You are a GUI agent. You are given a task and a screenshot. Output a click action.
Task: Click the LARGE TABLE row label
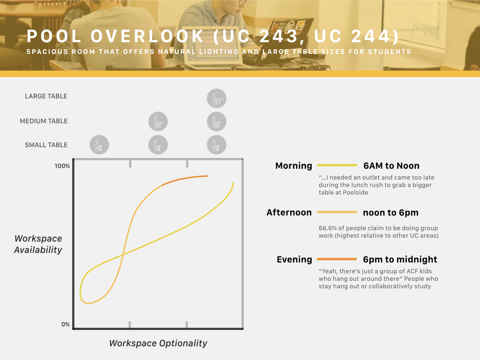(46, 96)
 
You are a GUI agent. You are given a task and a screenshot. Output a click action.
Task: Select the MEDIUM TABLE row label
(44, 121)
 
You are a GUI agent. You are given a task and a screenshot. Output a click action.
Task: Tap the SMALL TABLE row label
(46, 145)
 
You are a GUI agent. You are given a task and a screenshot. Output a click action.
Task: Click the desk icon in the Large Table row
(217, 98)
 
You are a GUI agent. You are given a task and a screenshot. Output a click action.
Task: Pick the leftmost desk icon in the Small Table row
(99, 145)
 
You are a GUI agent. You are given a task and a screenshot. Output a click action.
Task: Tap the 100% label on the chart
(62, 166)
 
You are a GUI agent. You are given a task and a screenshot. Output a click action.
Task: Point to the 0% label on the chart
(66, 324)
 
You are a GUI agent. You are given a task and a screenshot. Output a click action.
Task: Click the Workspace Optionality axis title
(158, 343)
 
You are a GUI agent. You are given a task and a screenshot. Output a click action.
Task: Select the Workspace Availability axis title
(38, 244)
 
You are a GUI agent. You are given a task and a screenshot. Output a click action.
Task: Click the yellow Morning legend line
(337, 165)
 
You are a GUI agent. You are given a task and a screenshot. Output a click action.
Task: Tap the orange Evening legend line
(337, 259)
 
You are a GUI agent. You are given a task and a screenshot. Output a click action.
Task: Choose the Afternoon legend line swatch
(337, 212)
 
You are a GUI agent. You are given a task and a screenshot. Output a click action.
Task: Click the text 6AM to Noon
(391, 165)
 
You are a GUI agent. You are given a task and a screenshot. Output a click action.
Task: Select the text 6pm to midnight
(400, 259)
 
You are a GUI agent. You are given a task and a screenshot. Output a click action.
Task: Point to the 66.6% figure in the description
(328, 228)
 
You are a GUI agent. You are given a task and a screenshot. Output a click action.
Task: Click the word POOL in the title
(54, 37)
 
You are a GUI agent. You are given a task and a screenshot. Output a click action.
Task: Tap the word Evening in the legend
(294, 260)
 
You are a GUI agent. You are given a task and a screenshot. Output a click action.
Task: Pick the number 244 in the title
(370, 37)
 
